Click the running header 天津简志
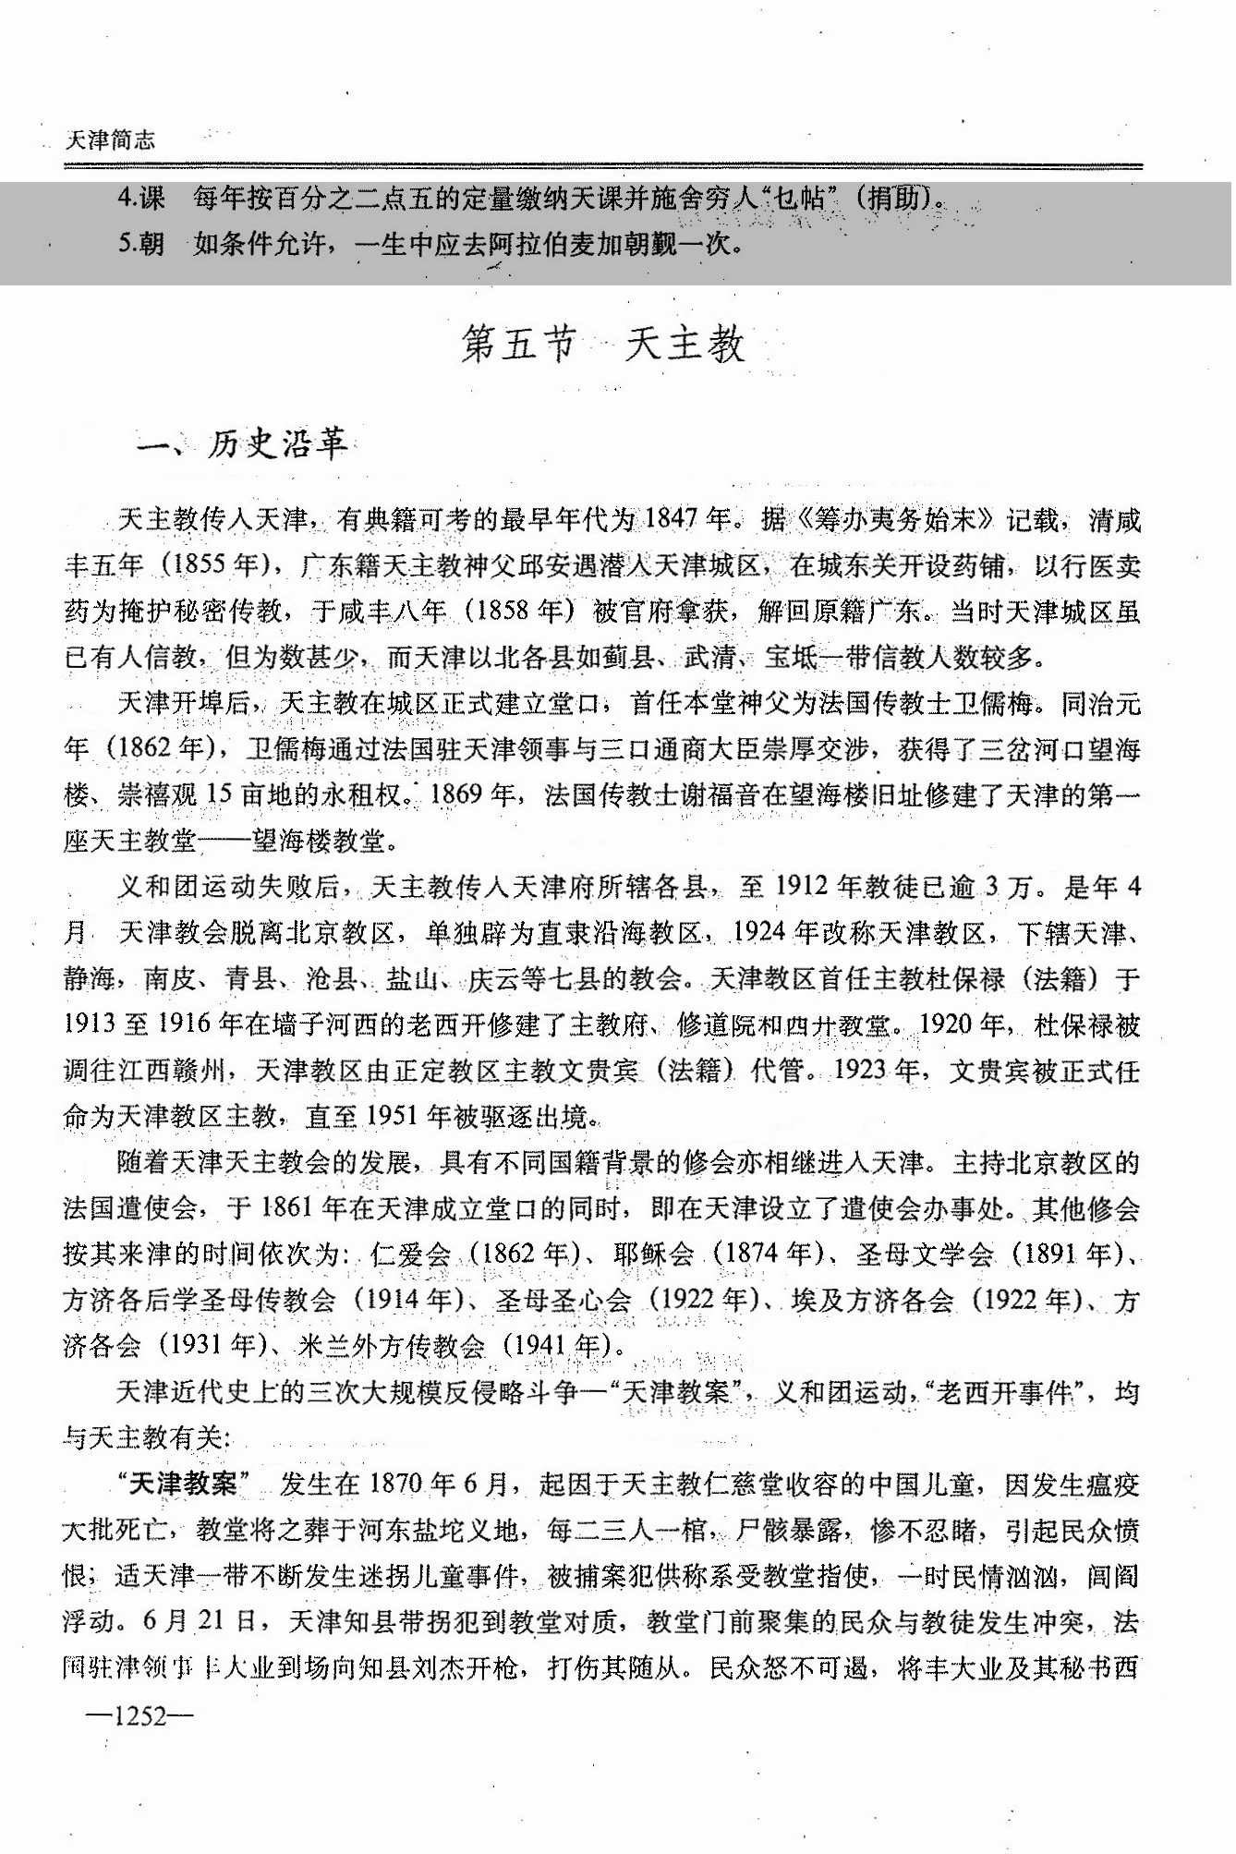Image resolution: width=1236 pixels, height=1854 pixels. coord(111,140)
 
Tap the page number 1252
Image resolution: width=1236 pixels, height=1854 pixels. coord(139,1716)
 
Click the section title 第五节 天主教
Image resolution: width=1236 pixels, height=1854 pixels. coord(603,345)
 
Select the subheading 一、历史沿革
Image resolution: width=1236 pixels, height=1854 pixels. coord(242,445)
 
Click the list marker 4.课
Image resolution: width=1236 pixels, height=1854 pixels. coord(141,199)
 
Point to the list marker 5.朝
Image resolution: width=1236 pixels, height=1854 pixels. coord(141,244)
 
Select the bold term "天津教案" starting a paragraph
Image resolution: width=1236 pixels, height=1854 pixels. coord(186,1484)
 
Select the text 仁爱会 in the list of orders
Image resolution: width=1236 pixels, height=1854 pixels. coord(410,1254)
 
